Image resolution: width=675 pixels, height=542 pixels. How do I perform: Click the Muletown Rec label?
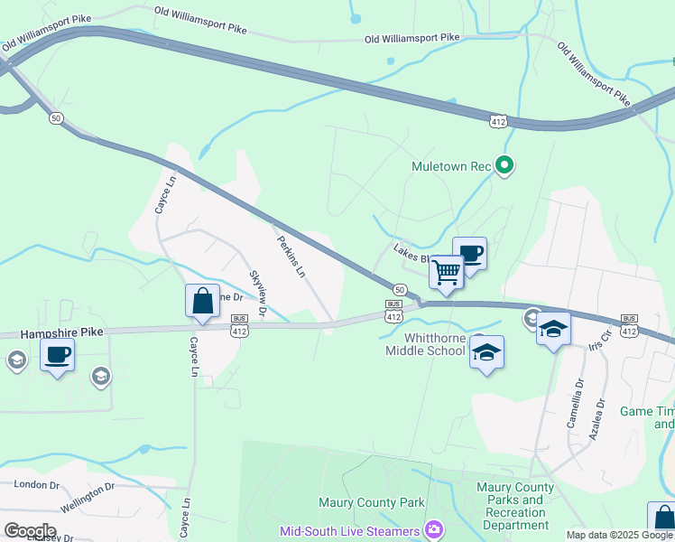tap(449, 167)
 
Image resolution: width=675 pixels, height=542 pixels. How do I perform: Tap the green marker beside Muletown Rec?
tap(505, 165)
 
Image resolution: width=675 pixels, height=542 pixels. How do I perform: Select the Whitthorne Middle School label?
tap(424, 344)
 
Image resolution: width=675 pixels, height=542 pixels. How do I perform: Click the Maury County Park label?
tap(371, 502)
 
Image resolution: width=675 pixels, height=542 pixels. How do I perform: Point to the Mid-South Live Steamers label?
tap(350, 531)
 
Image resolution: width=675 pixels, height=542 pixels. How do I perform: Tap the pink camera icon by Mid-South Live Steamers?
tap(434, 529)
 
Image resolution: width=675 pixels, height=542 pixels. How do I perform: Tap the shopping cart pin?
tap(446, 271)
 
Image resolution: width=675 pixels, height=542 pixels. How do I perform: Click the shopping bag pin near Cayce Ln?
tap(202, 301)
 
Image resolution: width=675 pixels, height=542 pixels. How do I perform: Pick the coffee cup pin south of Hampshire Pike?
tap(57, 354)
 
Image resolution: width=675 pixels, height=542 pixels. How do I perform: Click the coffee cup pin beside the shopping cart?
tap(469, 253)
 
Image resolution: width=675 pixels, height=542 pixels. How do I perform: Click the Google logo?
tap(30, 530)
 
